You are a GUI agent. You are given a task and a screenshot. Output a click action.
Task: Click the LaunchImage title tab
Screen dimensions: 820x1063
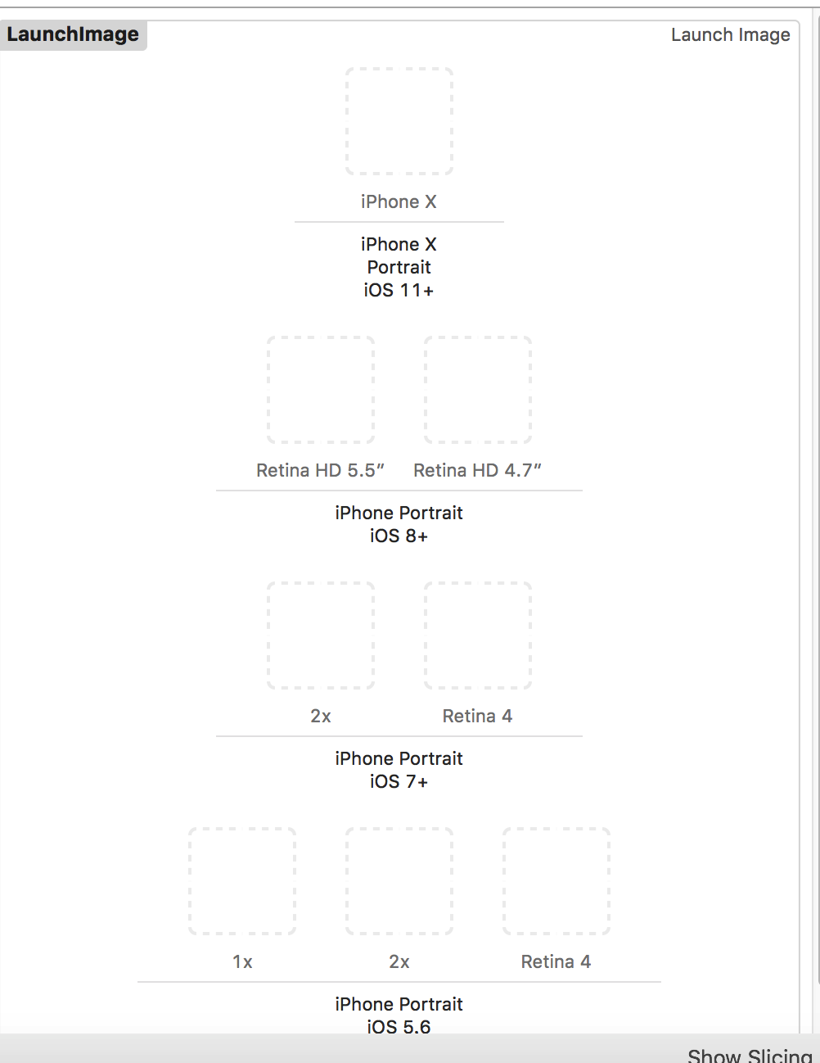(73, 34)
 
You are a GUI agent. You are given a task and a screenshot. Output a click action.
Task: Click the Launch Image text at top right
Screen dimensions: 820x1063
(730, 34)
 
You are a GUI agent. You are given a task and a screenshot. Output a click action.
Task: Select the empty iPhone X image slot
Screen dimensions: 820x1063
(399, 121)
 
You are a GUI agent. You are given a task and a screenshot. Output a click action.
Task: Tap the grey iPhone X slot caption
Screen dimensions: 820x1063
(399, 201)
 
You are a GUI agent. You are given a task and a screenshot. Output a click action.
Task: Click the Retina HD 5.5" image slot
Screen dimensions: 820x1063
(321, 390)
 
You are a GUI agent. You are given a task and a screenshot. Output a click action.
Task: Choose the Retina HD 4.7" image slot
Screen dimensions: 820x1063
(478, 390)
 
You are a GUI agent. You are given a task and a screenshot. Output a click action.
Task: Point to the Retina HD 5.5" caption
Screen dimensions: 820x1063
(320, 470)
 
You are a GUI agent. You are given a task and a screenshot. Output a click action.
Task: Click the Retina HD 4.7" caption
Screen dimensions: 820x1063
(477, 470)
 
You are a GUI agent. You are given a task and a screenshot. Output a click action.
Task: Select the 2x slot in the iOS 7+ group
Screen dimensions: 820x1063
(321, 636)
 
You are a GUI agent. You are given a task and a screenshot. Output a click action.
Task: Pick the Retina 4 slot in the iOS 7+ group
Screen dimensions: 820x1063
(478, 636)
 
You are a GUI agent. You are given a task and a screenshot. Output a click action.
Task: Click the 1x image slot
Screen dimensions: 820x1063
(242, 881)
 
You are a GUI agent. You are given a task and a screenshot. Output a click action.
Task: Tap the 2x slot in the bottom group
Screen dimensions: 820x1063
(399, 881)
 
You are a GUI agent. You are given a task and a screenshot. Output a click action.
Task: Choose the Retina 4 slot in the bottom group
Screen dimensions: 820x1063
(556, 881)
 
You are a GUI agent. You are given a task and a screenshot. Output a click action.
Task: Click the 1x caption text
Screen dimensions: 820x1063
(242, 961)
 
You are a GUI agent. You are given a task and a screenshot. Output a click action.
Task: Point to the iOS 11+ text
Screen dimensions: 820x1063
(399, 290)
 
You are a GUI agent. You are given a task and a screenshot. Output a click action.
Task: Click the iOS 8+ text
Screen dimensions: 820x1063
(399, 536)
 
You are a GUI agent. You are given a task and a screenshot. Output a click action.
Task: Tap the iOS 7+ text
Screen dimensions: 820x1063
(399, 781)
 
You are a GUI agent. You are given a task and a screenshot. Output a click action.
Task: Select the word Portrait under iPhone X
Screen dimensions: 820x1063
(399, 267)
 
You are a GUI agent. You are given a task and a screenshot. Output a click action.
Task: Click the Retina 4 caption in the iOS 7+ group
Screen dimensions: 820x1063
(477, 716)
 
